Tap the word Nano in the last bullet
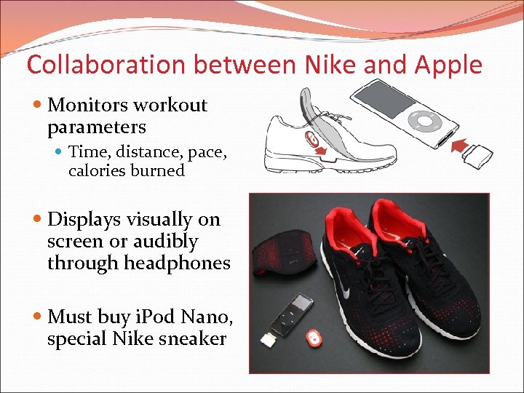point(197,317)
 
